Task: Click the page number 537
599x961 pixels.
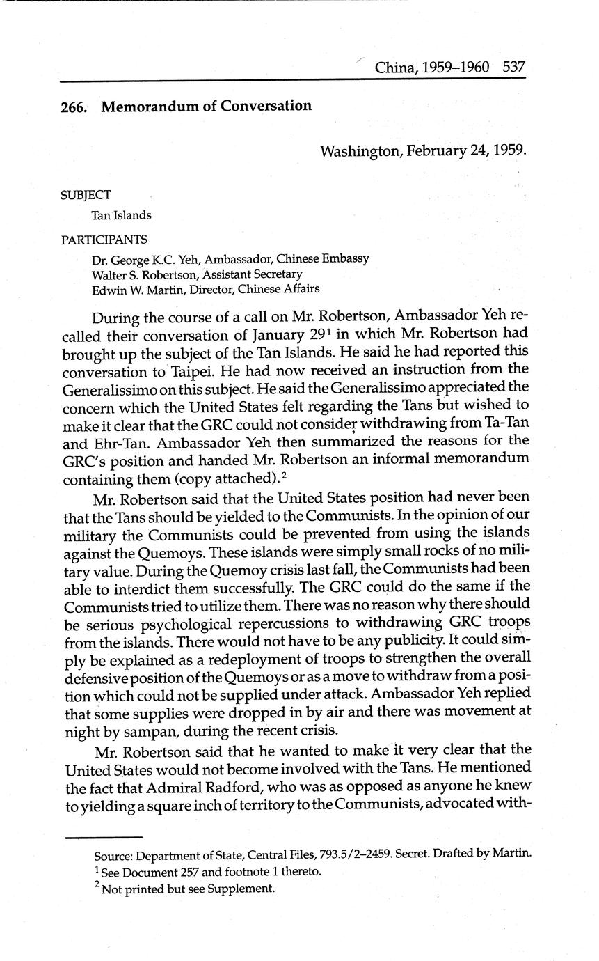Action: tap(513, 68)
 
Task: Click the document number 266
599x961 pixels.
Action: tap(73, 107)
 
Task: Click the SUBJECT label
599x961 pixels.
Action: tap(86, 196)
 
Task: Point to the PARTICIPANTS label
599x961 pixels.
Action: tap(104, 240)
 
